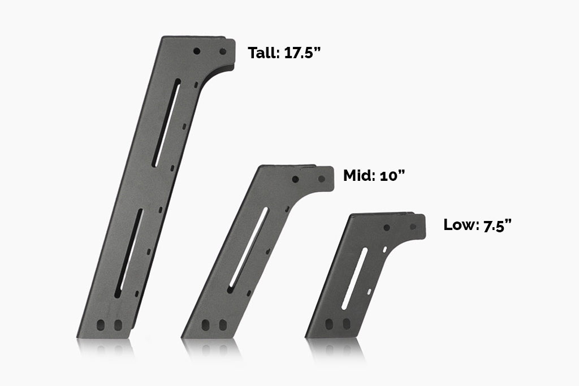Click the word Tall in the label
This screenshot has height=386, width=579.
[x=262, y=53]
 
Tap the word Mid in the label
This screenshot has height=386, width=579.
[x=357, y=175]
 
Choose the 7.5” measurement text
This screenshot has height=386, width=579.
[x=498, y=225]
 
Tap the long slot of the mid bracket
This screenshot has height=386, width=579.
[x=248, y=249]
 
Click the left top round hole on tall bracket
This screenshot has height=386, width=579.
[x=197, y=51]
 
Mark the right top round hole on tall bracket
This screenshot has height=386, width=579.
[x=223, y=51]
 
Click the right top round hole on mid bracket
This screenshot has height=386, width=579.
[x=321, y=179]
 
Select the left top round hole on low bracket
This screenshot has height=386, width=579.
[x=387, y=227]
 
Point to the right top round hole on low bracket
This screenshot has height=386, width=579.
[x=413, y=227]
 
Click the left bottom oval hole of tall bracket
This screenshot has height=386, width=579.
[x=101, y=326]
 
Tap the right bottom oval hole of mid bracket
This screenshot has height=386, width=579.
[x=223, y=326]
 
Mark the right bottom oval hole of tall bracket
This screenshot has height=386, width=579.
[x=118, y=326]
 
